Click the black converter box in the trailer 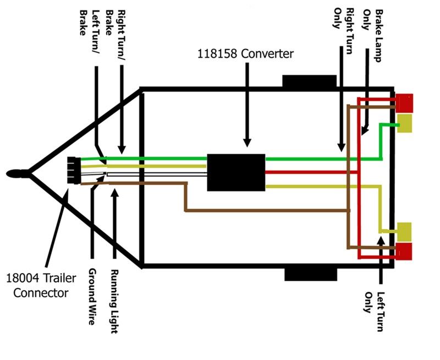tap(236, 172)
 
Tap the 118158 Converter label tap(245, 53)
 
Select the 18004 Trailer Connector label tap(41, 286)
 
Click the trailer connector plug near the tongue tap(74, 170)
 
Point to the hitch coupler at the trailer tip tap(18, 173)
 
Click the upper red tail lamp tap(404, 103)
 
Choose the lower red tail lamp tap(404, 252)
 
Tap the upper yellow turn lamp tap(405, 123)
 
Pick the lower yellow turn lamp tap(404, 232)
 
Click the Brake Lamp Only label tap(373, 36)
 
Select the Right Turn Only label tap(344, 31)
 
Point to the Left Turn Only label tap(374, 312)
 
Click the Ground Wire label tap(92, 297)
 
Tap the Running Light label tap(114, 301)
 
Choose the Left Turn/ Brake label tap(89, 31)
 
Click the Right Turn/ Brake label tap(116, 35)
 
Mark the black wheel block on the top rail tap(309, 81)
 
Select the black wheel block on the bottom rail tap(311, 274)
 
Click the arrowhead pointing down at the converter tap(247, 143)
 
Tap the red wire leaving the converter tap(311, 172)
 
